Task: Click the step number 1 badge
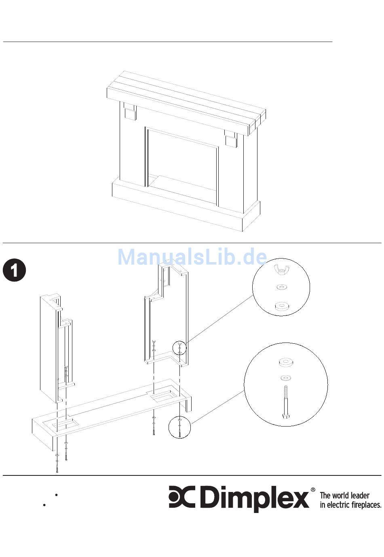pyautogui.click(x=15, y=270)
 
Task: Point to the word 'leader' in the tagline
pyautogui.click(x=358, y=495)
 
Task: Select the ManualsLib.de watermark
pyautogui.click(x=192, y=257)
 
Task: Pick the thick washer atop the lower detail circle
pyautogui.click(x=285, y=362)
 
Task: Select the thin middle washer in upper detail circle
pyautogui.click(x=281, y=287)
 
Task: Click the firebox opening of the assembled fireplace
pyautogui.click(x=183, y=165)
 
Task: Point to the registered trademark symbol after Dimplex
pyautogui.click(x=313, y=490)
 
